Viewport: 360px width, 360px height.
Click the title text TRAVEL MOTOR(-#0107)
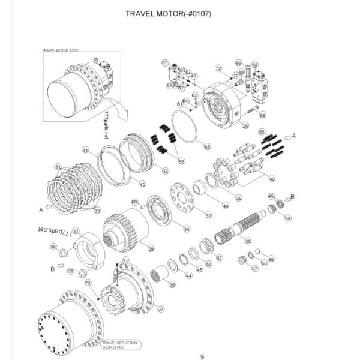[168, 13]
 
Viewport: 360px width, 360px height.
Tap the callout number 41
[86, 150]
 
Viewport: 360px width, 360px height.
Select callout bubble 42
[142, 184]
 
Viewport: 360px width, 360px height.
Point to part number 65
[207, 146]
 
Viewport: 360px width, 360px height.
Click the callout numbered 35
[248, 241]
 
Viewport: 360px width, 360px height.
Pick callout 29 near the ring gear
[151, 248]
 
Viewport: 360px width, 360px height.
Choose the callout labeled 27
[161, 310]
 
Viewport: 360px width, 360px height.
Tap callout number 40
[272, 179]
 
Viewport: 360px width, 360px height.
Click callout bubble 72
[218, 68]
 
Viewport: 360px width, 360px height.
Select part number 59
[262, 115]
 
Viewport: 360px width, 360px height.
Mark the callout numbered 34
[187, 229]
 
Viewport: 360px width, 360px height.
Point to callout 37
[76, 230]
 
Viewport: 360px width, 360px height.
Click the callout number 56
[182, 161]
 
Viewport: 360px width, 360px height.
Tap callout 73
[88, 283]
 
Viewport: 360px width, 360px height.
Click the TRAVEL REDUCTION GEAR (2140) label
[120, 345]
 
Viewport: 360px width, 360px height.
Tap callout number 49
[226, 206]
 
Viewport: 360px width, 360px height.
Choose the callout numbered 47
[255, 269]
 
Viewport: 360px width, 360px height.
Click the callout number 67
[165, 63]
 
